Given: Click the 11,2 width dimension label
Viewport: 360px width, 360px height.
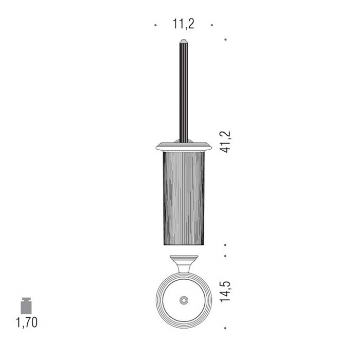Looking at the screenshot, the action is click(183, 24).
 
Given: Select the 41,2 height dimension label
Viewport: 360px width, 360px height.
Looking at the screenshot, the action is click(225, 141).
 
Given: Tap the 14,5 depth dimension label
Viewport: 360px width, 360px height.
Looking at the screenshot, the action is click(225, 292).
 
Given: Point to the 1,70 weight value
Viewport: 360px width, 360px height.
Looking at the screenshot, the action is click(27, 322).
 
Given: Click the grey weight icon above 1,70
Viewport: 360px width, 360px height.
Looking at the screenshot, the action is click(26, 306).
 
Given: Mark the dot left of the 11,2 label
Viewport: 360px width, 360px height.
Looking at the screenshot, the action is click(156, 25).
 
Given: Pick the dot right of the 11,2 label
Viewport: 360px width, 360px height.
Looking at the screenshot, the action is click(212, 25).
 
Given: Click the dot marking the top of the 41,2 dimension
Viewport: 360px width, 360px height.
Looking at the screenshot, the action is click(225, 40).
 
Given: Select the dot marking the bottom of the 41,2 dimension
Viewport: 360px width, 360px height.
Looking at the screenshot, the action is click(225, 245).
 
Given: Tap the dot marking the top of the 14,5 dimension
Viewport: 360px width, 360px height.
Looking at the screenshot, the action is click(225, 256).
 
